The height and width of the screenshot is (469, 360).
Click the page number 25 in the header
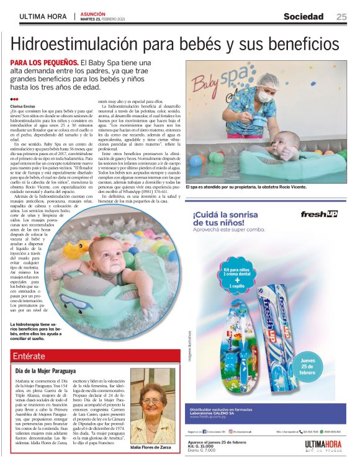341,16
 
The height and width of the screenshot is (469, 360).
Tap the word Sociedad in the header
304,16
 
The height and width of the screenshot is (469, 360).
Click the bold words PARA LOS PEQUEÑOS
45,63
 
